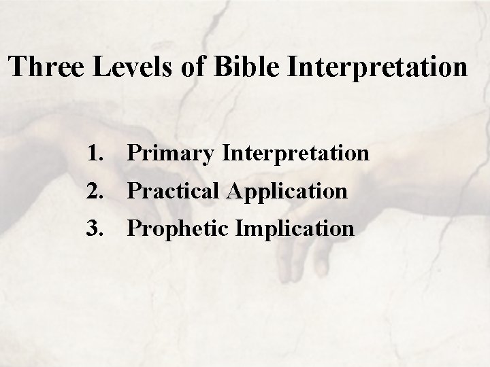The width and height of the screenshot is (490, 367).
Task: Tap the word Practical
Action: [176, 192]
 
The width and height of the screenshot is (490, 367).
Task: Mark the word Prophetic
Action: [178, 229]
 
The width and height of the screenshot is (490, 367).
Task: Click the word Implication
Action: [295, 229]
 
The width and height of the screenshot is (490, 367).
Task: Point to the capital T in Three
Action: [18, 68]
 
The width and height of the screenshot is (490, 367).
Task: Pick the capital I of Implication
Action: [240, 228]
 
